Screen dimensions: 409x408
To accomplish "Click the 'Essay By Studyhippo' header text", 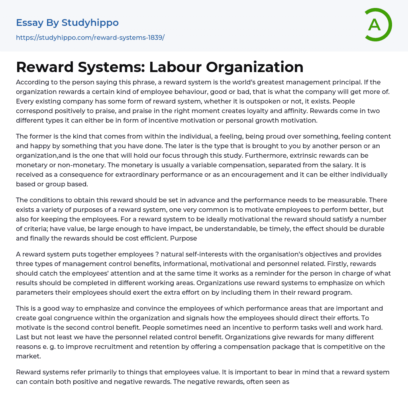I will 67,23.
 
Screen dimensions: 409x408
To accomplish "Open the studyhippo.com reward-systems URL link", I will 90,37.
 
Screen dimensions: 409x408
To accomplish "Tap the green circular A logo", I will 376,25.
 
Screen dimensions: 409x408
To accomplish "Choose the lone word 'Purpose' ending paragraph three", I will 184,238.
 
